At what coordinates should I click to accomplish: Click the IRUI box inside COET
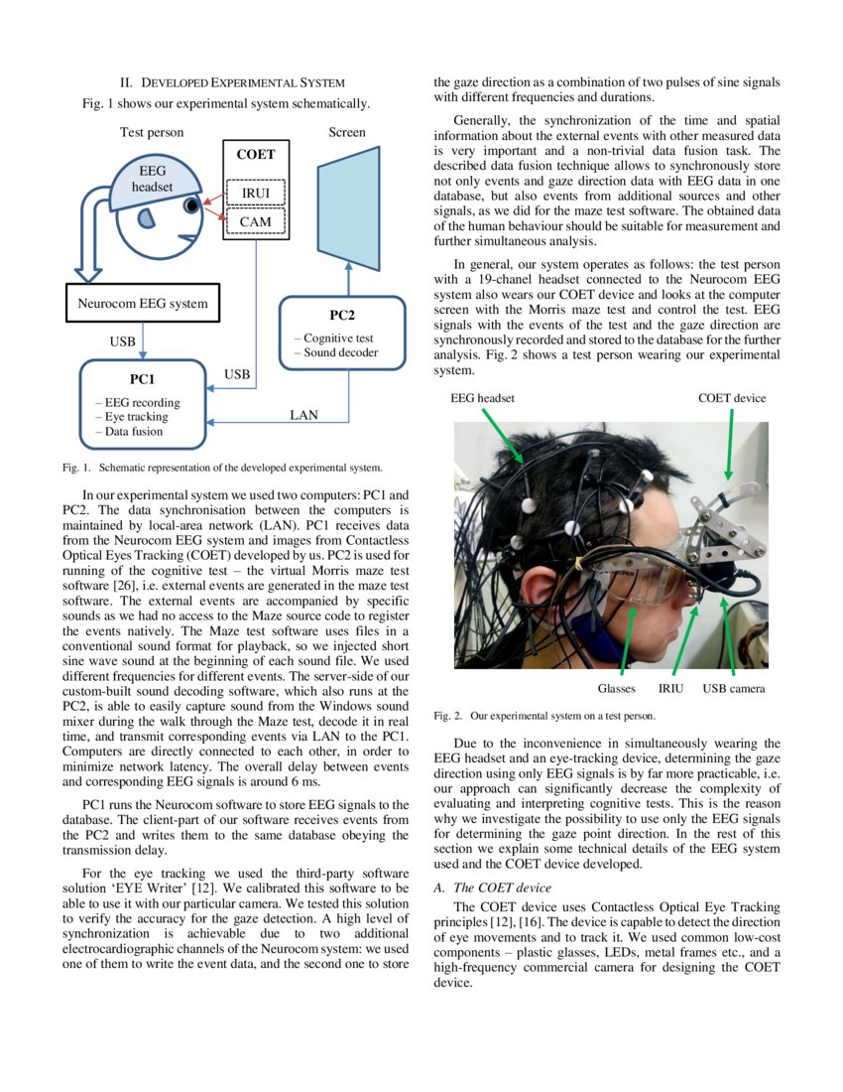point(256,191)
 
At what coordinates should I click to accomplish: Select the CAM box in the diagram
point(256,221)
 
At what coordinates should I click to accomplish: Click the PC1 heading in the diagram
point(143,378)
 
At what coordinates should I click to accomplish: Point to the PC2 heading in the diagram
point(342,316)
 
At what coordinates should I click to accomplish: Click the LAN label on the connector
point(303,415)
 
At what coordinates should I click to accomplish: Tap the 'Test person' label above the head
point(152,132)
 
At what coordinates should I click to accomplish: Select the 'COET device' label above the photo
point(732,398)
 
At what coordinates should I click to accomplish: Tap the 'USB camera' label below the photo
point(734,688)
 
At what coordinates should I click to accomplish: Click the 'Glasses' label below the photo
point(616,688)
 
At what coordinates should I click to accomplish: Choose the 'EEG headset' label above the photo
point(483,398)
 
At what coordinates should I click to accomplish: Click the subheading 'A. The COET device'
point(493,887)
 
